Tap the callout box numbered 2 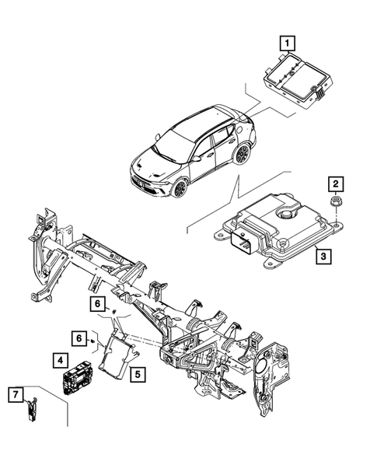tap(335, 184)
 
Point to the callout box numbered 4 tap(60, 360)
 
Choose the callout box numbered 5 tap(136, 374)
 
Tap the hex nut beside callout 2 tap(335, 203)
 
